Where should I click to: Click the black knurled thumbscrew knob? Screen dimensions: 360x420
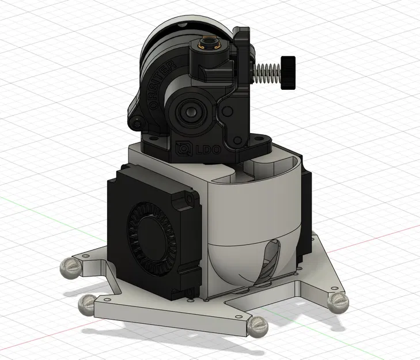(288, 73)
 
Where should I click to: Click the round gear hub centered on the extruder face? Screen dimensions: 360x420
(188, 112)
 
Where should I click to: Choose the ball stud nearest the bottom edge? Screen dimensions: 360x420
(259, 328)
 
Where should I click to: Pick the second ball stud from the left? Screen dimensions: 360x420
(88, 303)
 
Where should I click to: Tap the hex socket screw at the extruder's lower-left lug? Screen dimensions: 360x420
(137, 122)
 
